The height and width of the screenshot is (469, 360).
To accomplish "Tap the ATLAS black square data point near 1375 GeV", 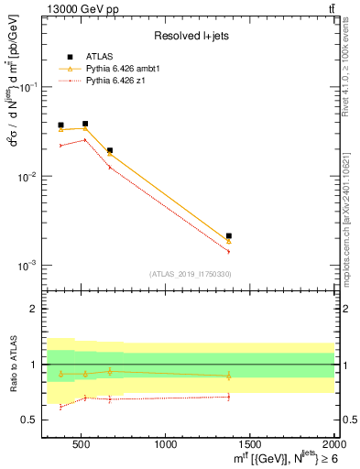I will (229, 235).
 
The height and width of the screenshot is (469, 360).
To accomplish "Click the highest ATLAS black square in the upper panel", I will (85, 124).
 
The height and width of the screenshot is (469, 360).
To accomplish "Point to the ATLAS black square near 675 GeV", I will (110, 150).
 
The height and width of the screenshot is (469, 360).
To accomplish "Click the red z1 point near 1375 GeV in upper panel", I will (229, 251).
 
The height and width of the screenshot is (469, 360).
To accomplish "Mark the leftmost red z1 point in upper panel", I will (60, 145).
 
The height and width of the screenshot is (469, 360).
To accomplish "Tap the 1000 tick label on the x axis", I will (166, 445).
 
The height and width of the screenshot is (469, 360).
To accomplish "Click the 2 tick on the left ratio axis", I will (37, 309).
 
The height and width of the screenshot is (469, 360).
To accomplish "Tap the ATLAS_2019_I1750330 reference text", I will (189, 274).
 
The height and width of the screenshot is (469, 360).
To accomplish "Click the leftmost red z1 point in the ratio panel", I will (60, 407).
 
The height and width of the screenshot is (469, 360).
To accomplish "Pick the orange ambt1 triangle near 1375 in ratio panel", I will (229, 376).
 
